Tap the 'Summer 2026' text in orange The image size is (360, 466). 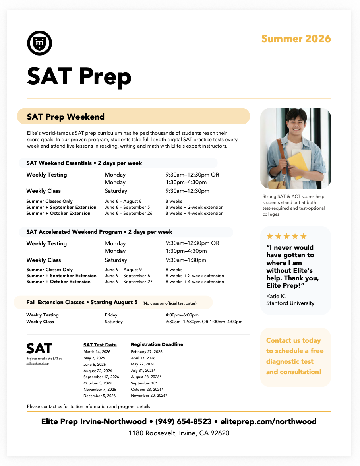(296, 39)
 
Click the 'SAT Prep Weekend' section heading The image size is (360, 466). (66, 116)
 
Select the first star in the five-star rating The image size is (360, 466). (270, 236)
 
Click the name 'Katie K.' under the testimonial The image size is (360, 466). (276, 296)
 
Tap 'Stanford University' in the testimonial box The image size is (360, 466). (290, 303)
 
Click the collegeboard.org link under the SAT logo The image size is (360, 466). (40, 363)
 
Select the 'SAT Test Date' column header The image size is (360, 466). (100, 344)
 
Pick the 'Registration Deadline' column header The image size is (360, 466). (157, 344)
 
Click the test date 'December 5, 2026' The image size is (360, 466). (99, 396)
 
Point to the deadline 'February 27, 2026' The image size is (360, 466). (147, 351)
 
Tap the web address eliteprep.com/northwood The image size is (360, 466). (268, 421)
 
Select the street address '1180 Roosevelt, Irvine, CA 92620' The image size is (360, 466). (179, 433)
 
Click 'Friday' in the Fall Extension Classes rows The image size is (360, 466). (111, 315)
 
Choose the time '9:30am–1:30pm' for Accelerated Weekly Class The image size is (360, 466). (186, 260)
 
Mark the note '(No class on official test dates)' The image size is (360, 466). (169, 303)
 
